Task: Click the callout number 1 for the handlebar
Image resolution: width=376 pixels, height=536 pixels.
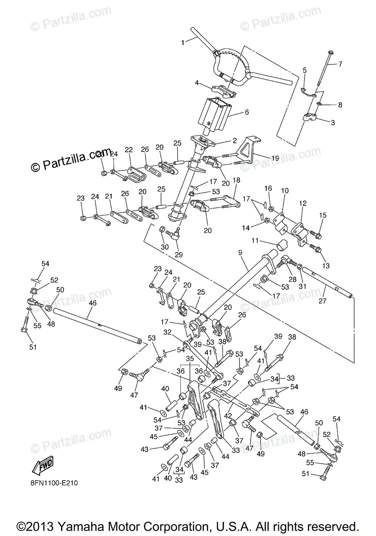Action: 182,43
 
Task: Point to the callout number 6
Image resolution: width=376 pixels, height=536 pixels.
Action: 246,113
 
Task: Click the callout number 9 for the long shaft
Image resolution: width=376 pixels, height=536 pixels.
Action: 240,252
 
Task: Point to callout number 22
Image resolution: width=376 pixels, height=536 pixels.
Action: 129,150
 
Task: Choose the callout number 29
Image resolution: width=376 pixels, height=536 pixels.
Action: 179,255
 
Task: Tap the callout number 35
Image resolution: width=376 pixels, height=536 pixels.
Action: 190,359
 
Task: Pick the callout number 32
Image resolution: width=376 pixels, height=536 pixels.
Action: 168,332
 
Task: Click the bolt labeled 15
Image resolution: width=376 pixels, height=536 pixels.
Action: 316,233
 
